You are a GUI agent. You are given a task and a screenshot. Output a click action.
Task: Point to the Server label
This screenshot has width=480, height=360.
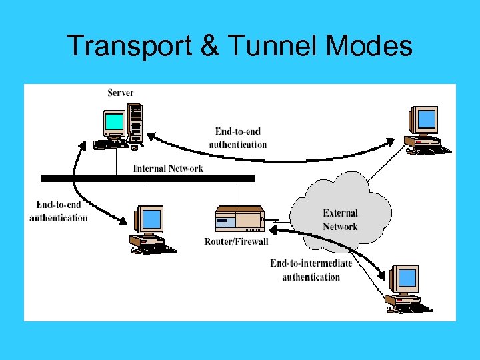(x=120, y=93)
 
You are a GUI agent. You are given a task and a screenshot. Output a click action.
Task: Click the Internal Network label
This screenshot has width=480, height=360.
(x=168, y=169)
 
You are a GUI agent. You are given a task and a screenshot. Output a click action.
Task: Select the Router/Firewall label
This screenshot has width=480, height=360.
(x=236, y=241)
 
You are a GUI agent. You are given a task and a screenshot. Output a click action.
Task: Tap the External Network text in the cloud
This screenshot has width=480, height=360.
(x=340, y=220)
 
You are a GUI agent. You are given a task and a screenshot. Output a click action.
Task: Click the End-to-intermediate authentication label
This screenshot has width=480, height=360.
(x=311, y=270)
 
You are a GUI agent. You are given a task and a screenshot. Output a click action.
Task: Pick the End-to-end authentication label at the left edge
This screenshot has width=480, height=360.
(x=59, y=211)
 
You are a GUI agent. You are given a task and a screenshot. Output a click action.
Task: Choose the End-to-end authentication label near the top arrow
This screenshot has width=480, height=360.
(x=238, y=138)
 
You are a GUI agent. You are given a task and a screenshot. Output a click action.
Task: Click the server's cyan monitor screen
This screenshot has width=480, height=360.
(x=114, y=122)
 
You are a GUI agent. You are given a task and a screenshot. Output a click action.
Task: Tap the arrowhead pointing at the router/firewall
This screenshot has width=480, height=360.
(x=273, y=229)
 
